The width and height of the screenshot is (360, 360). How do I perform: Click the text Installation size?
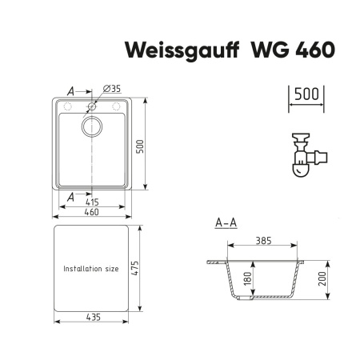pyautogui.click(x=91, y=269)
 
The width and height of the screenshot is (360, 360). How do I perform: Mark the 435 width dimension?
pyautogui.click(x=94, y=318)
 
